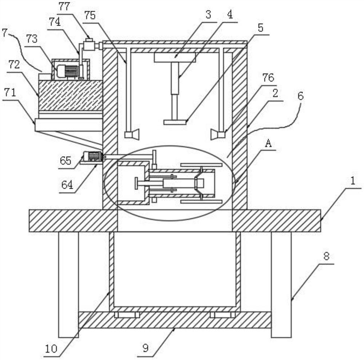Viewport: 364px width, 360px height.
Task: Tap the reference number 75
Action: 90,15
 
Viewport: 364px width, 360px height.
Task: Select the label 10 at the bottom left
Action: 51,348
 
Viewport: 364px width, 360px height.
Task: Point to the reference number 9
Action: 146,348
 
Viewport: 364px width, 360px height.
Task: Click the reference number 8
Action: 327,256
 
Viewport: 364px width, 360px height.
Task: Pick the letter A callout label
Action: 268,144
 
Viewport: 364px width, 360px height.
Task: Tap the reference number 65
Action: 66,160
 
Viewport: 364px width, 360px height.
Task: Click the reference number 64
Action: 67,185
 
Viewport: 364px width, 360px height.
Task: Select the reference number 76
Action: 268,78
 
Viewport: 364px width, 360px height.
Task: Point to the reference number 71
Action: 10,93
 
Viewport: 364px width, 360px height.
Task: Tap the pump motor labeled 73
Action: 68,71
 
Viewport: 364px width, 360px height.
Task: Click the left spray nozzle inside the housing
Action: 132,134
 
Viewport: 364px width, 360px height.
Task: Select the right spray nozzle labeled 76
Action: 218,135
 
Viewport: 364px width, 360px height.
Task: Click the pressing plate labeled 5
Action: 175,122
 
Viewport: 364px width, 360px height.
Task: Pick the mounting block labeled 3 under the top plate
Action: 175,57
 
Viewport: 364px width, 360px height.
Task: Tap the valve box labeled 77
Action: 89,44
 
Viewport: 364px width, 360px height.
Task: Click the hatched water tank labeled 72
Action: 71,95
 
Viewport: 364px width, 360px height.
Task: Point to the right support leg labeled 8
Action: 281,285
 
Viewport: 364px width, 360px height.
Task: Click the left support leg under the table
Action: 68,285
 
